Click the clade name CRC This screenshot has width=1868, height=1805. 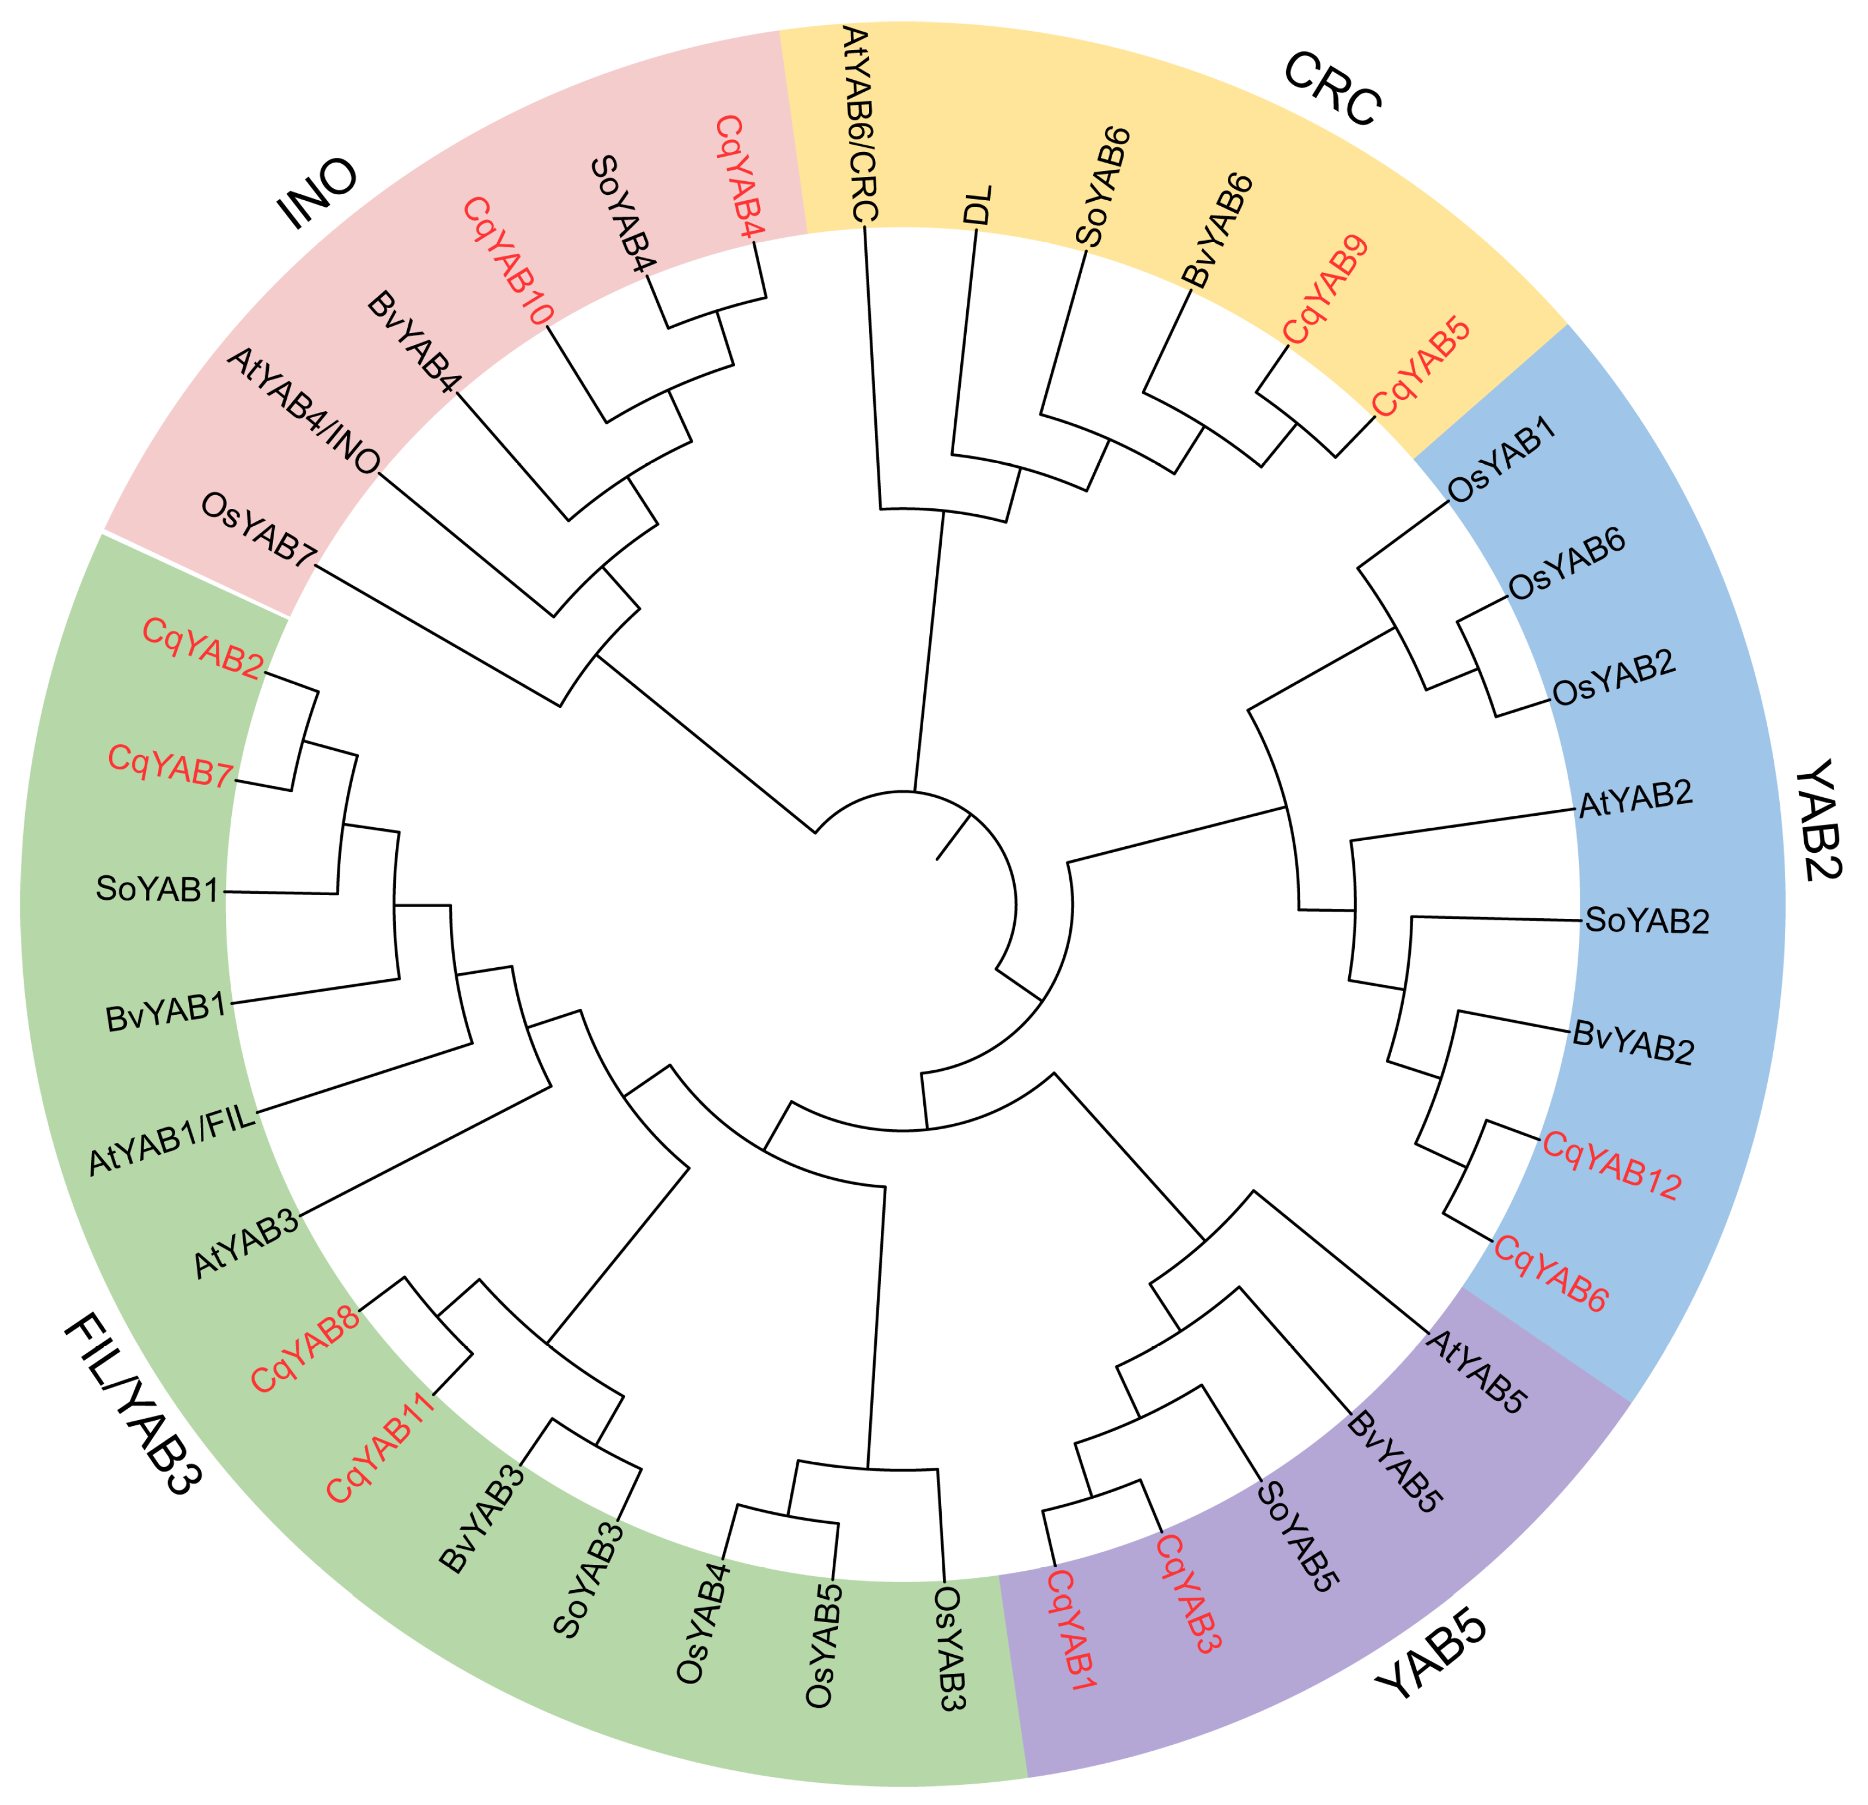coord(1332,89)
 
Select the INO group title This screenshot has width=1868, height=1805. coord(317,194)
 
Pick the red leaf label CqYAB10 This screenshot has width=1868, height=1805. coord(507,262)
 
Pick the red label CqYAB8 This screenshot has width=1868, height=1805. coord(305,1349)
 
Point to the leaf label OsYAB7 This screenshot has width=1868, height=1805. coord(258,531)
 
